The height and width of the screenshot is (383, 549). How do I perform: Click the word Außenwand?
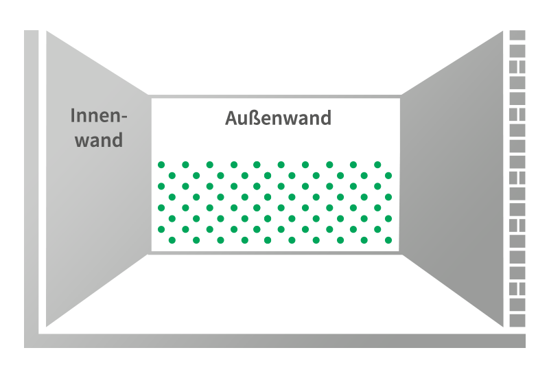278,118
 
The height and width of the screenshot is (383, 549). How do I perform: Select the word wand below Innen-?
99,140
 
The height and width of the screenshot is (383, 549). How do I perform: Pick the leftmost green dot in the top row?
162,165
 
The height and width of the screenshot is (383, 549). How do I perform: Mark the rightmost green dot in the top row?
377,165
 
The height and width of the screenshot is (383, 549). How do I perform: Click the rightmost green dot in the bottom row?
388,240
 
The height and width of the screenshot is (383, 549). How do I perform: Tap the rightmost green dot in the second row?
388,175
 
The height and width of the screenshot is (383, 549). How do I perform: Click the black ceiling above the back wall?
274,62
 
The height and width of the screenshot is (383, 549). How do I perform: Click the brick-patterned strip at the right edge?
517,178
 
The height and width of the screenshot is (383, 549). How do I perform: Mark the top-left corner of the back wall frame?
150,97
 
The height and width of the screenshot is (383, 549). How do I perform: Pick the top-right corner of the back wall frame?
401,97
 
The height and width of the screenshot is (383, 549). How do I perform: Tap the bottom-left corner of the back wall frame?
150,253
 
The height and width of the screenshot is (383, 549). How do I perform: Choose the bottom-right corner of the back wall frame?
401,253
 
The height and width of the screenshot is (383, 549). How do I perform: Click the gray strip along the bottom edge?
274,340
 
